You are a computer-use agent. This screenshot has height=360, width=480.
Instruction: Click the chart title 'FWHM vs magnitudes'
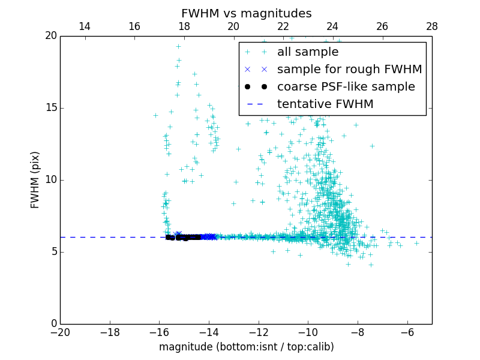coord(246,13)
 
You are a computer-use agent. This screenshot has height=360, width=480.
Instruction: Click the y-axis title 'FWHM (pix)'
coord(35,179)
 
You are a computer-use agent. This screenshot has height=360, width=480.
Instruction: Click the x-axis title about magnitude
coord(246,347)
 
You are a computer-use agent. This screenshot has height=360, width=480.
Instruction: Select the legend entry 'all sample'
coord(308,52)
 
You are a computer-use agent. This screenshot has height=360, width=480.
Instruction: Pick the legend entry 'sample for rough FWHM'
coord(349,69)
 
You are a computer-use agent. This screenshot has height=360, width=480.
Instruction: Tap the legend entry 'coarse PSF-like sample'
coord(346,86)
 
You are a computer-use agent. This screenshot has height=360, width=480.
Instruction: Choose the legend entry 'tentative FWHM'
coord(325,104)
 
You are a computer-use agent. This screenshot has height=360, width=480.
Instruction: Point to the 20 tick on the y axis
coord(50,36)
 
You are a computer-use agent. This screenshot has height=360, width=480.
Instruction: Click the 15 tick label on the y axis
coord(50,108)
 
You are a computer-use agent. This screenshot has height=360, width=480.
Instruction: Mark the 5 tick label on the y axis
coord(53,252)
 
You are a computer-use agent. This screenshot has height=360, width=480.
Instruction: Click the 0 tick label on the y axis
coord(53,324)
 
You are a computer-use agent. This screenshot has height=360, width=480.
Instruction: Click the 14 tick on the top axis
coord(85,26)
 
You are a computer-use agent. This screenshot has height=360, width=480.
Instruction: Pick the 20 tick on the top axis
coord(233,26)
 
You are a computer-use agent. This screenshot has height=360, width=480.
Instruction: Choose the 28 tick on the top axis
coord(431,26)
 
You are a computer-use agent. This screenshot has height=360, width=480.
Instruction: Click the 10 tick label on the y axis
coord(50,180)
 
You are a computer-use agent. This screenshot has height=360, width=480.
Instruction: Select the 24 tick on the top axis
coord(332,26)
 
